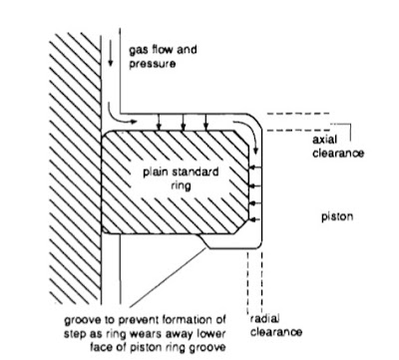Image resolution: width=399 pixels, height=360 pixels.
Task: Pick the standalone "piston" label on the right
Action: (316, 211)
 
